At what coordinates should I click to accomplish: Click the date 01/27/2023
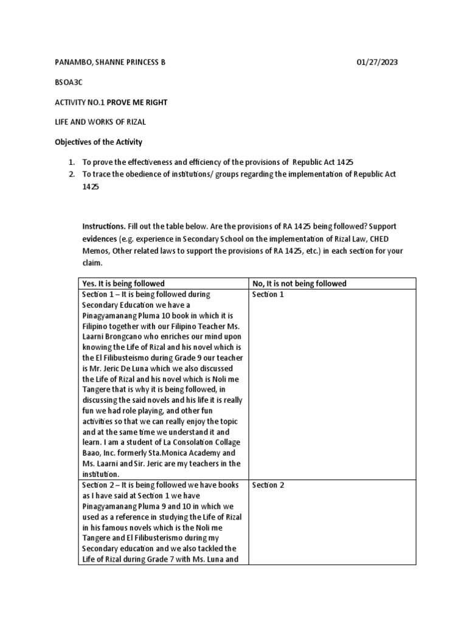tap(377, 63)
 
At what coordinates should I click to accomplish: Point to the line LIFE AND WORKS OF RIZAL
tap(96, 122)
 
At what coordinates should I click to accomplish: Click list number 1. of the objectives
tap(71, 162)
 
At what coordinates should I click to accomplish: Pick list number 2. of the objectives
tap(71, 174)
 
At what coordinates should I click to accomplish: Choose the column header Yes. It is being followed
tap(123, 284)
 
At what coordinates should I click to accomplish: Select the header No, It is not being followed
tap(299, 284)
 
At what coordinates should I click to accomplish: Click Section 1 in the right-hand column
tap(268, 294)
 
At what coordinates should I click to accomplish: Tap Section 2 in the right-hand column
tap(268, 486)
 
